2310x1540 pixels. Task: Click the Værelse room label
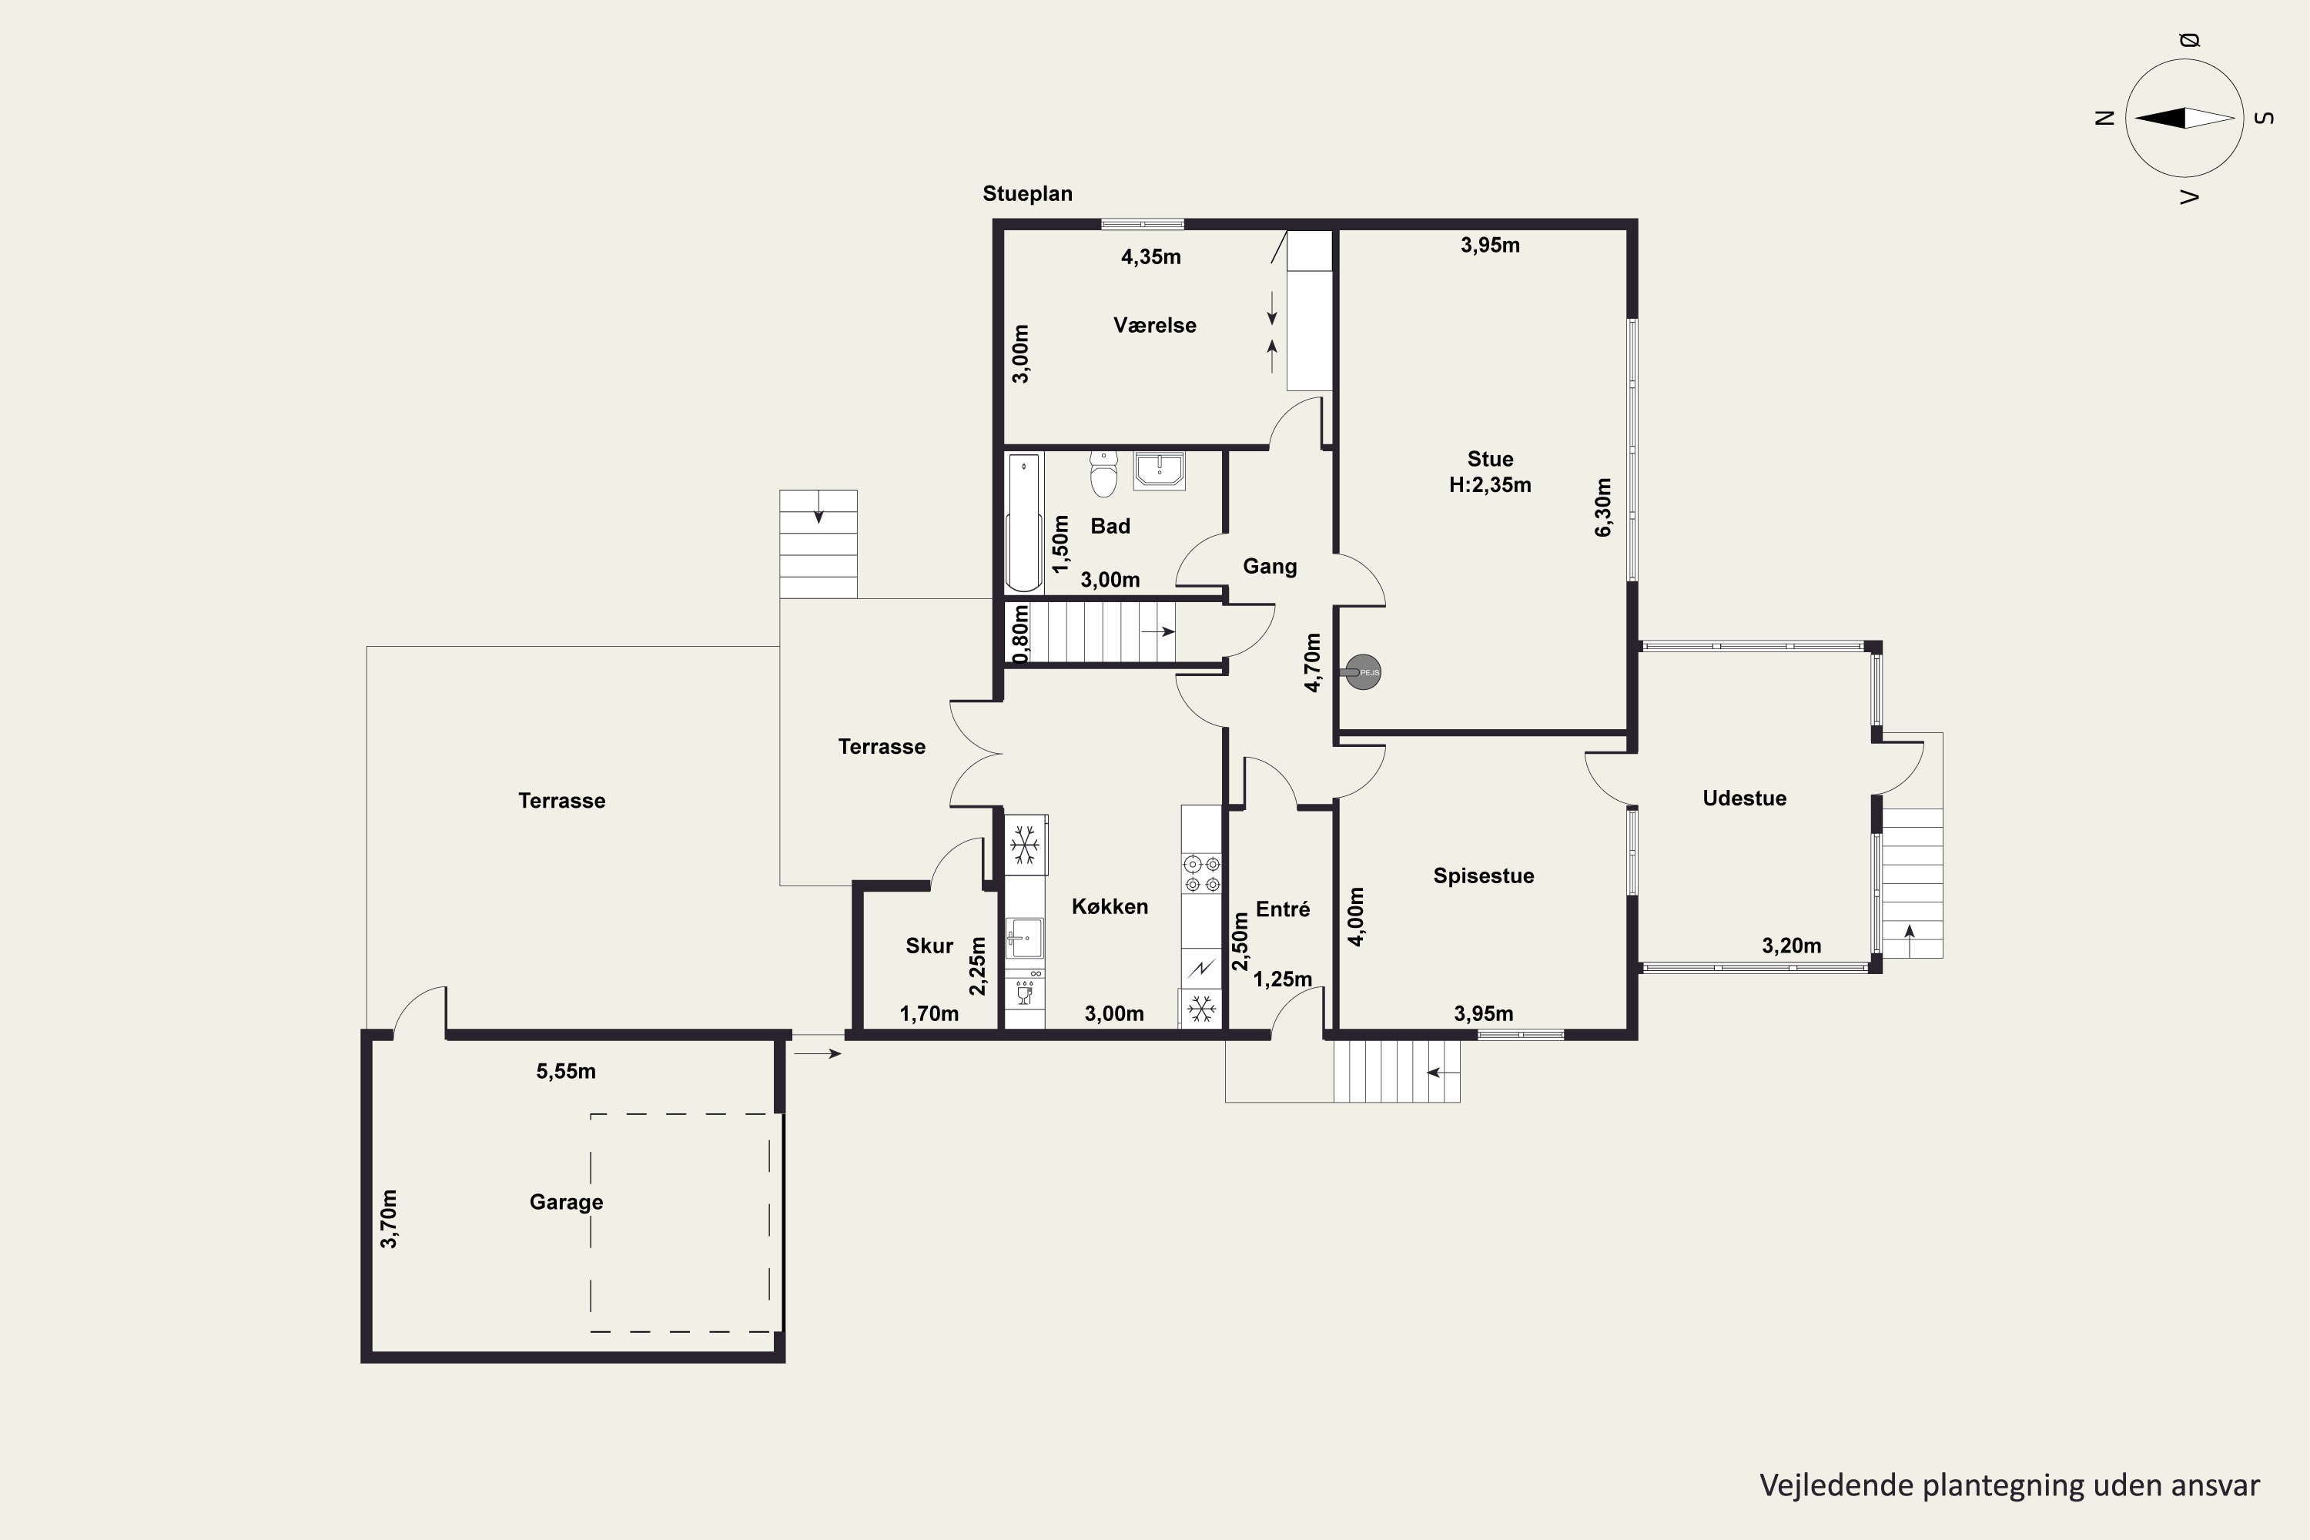[x=1154, y=325]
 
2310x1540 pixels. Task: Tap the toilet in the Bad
[x=1104, y=474]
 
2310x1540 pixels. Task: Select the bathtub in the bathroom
[x=1023, y=523]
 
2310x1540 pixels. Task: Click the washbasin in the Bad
[x=1159, y=470]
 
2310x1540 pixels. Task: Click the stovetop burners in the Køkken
[x=1202, y=874]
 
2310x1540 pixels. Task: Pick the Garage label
[x=566, y=1202]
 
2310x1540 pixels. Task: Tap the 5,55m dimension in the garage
[x=566, y=1072]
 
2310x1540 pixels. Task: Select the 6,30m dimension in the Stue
[x=1603, y=507]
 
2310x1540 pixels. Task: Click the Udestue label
[x=1744, y=798]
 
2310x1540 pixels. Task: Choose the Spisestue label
[x=1483, y=876]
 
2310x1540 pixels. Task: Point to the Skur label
[x=929, y=946]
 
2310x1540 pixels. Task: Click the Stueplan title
[x=1027, y=193]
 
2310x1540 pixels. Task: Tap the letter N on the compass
[x=2104, y=118]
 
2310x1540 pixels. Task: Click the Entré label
[x=1283, y=909]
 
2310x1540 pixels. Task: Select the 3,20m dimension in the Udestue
[x=1792, y=946]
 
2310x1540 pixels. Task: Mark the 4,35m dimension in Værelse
[x=1151, y=257]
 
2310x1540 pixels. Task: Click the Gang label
[x=1270, y=567]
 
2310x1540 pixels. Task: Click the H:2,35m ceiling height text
[x=1490, y=485]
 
